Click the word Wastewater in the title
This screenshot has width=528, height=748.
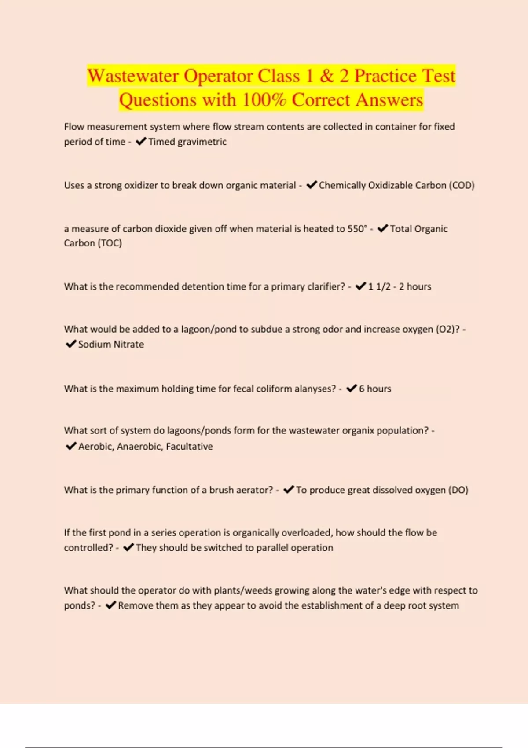click(x=132, y=76)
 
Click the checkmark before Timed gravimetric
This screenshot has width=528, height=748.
click(x=141, y=142)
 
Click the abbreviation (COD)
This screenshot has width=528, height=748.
click(x=462, y=185)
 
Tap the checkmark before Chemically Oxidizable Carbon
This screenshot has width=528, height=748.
click(x=312, y=185)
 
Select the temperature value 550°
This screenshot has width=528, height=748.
click(x=357, y=229)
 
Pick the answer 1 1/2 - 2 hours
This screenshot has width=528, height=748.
click(x=400, y=286)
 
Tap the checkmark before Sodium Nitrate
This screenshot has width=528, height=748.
click(x=70, y=344)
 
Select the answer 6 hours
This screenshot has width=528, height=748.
click(x=375, y=389)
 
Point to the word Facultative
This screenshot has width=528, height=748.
click(x=189, y=446)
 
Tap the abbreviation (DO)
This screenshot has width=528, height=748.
click(x=458, y=490)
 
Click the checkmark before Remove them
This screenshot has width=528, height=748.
click(x=110, y=605)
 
